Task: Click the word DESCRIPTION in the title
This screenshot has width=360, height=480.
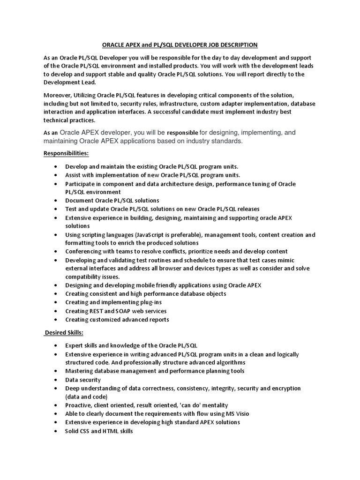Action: coord(236,45)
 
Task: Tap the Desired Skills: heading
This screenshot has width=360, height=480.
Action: coord(64,332)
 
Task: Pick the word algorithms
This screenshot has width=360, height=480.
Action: coord(226,362)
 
